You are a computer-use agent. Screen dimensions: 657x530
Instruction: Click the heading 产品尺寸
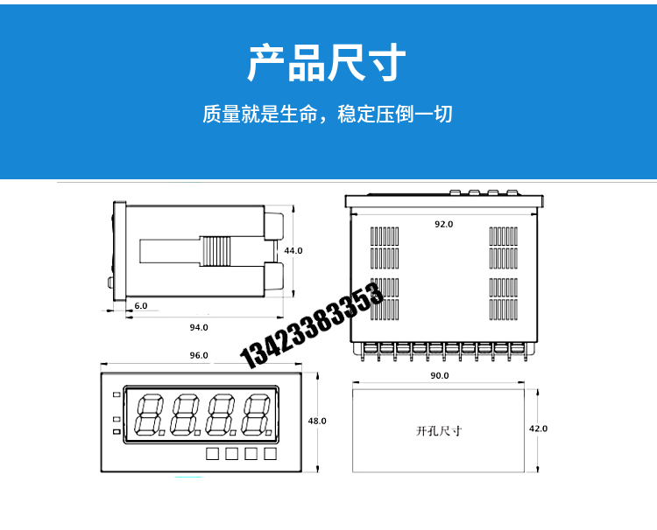pyautogui.click(x=327, y=63)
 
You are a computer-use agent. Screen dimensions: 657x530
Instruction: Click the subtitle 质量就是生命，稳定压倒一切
pyautogui.click(x=328, y=115)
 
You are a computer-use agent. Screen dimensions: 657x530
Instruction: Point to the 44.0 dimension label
pyautogui.click(x=293, y=250)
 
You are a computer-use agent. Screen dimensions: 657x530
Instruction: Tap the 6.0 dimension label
pyautogui.click(x=141, y=306)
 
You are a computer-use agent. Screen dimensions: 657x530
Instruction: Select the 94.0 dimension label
pyautogui.click(x=199, y=327)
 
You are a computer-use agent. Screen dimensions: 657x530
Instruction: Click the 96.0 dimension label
pyautogui.click(x=199, y=355)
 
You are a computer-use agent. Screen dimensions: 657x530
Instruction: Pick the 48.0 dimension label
pyautogui.click(x=317, y=421)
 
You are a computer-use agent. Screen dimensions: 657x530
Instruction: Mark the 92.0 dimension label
pyautogui.click(x=444, y=224)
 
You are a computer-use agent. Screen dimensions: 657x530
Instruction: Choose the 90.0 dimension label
pyautogui.click(x=440, y=376)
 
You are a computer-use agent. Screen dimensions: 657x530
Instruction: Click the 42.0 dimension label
pyautogui.click(x=539, y=429)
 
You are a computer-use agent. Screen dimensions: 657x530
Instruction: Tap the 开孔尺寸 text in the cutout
pyautogui.click(x=439, y=431)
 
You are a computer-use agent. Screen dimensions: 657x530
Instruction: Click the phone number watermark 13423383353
pyautogui.click(x=311, y=325)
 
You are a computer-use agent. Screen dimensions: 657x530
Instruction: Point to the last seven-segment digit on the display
pyautogui.click(x=258, y=415)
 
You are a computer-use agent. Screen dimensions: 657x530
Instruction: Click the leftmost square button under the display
pyautogui.click(x=213, y=454)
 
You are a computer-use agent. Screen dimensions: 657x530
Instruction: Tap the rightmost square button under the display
pyautogui.click(x=271, y=454)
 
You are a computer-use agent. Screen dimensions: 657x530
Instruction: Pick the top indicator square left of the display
pyautogui.click(x=117, y=394)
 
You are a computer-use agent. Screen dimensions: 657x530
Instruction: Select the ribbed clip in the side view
pyautogui.click(x=215, y=251)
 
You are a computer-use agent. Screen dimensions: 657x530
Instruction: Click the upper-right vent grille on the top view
pyautogui.click(x=503, y=248)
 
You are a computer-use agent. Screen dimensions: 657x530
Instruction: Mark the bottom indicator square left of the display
pyautogui.click(x=117, y=432)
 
